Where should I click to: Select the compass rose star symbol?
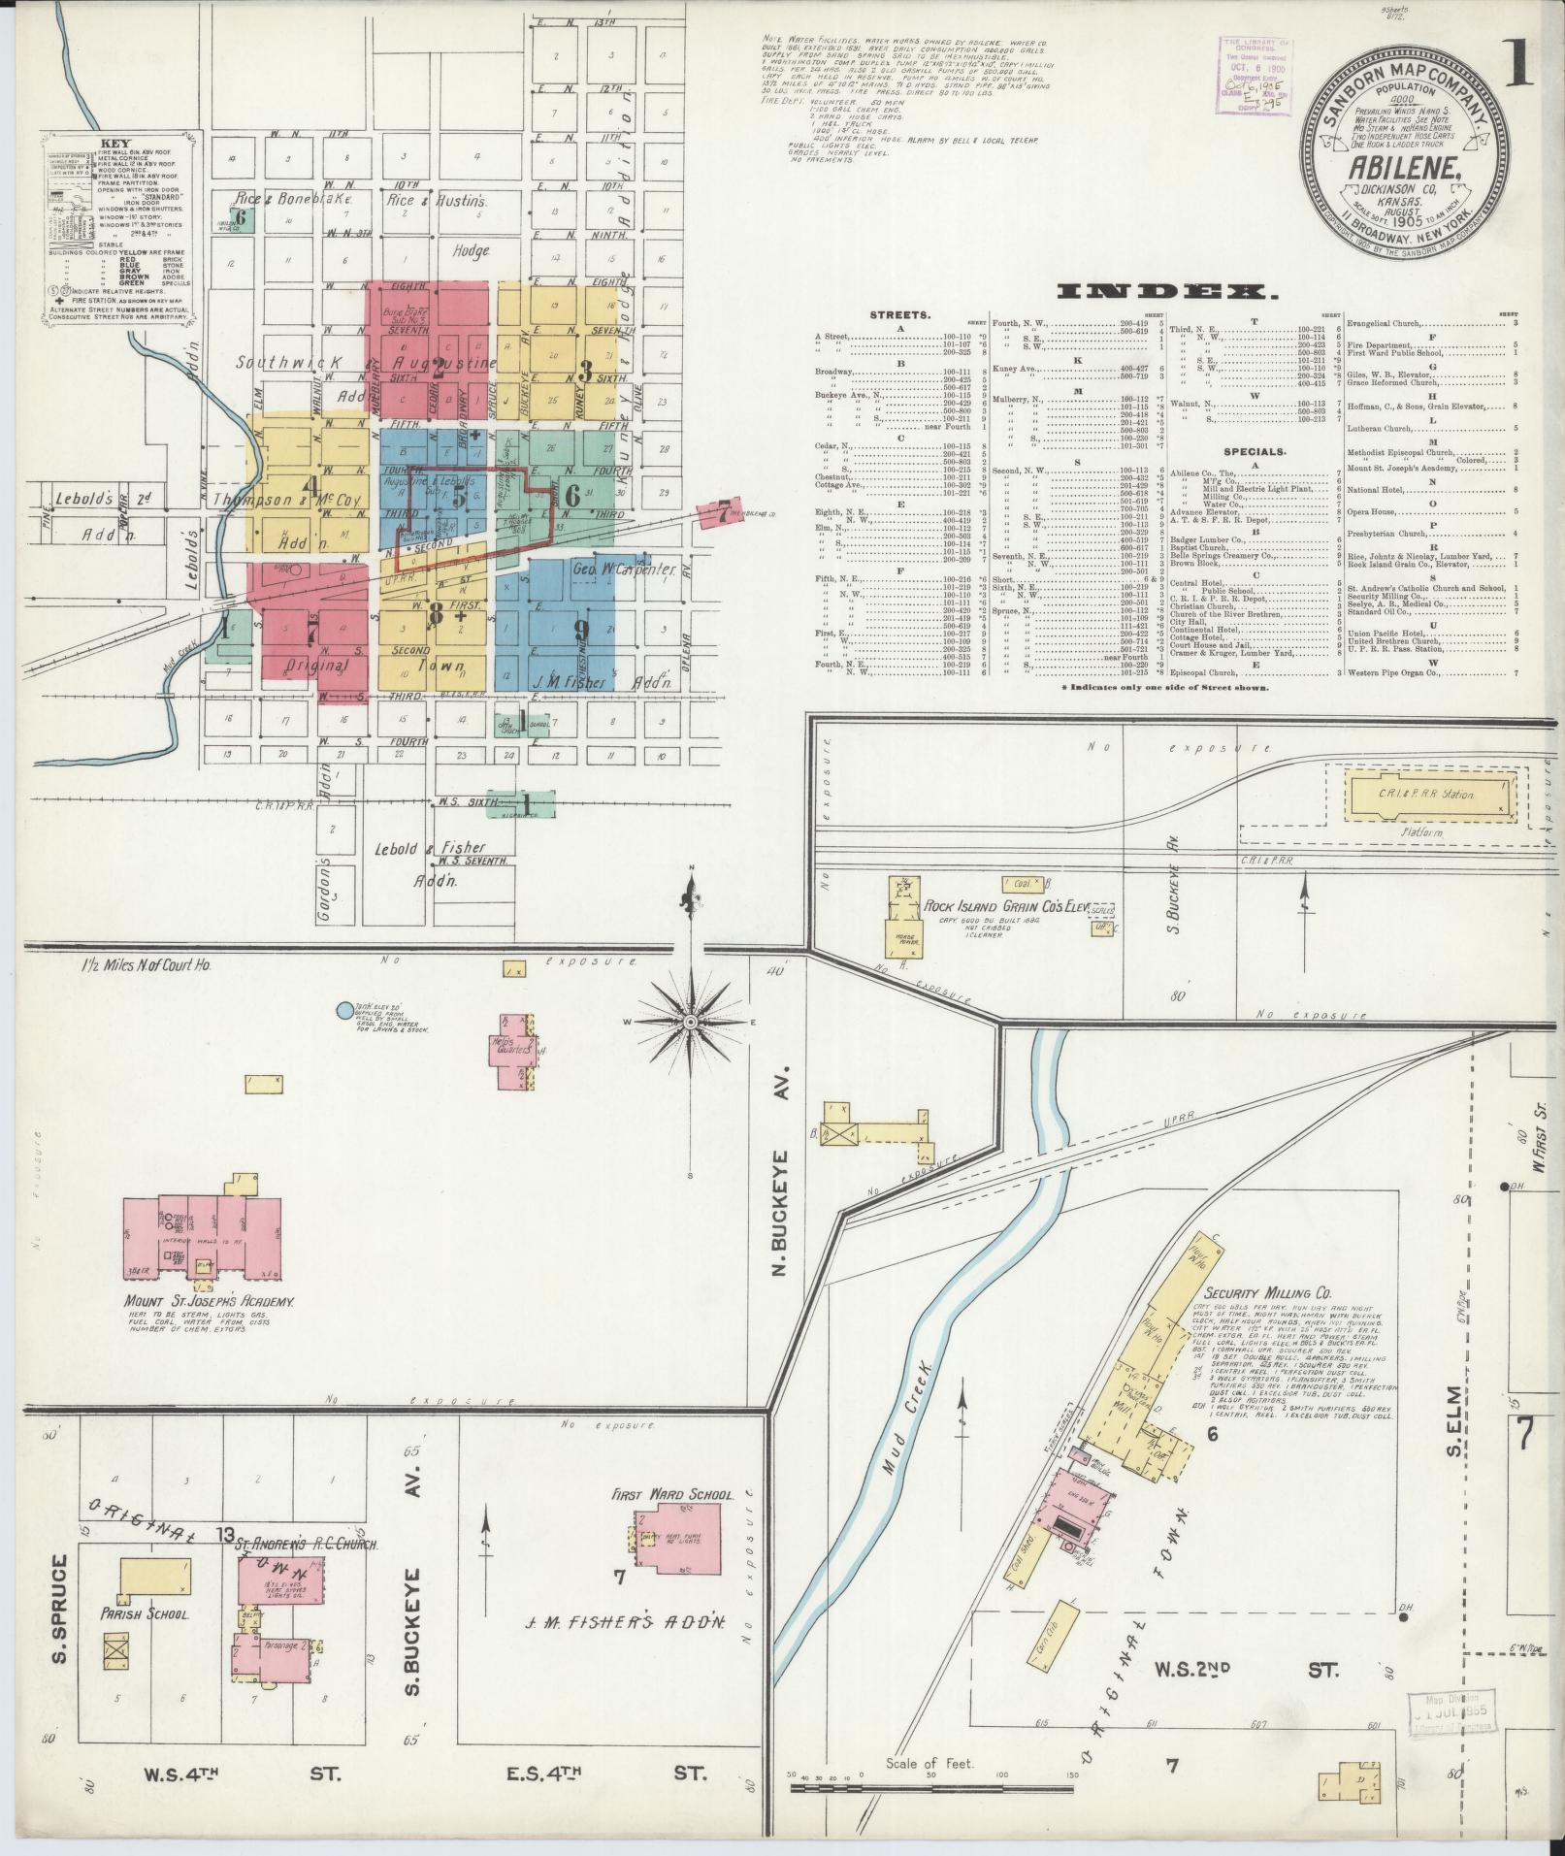tap(690, 1023)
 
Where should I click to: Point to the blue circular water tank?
tap(343, 1010)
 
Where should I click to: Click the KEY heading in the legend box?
tap(109, 141)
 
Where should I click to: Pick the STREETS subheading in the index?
tap(900, 315)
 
